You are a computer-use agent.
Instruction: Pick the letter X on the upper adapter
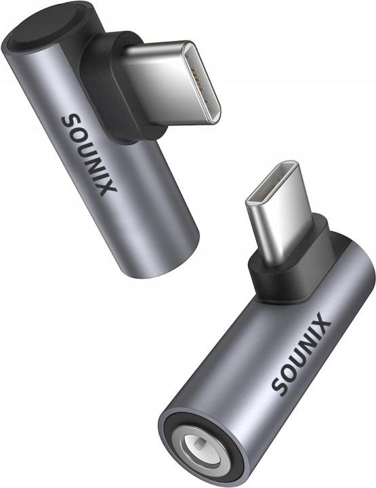108,188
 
